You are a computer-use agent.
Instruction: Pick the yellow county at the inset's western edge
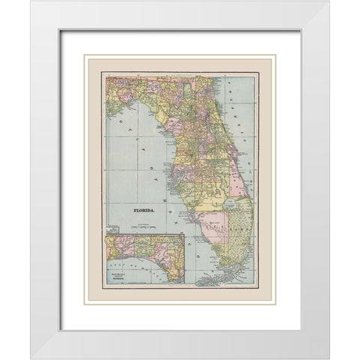(112, 248)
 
